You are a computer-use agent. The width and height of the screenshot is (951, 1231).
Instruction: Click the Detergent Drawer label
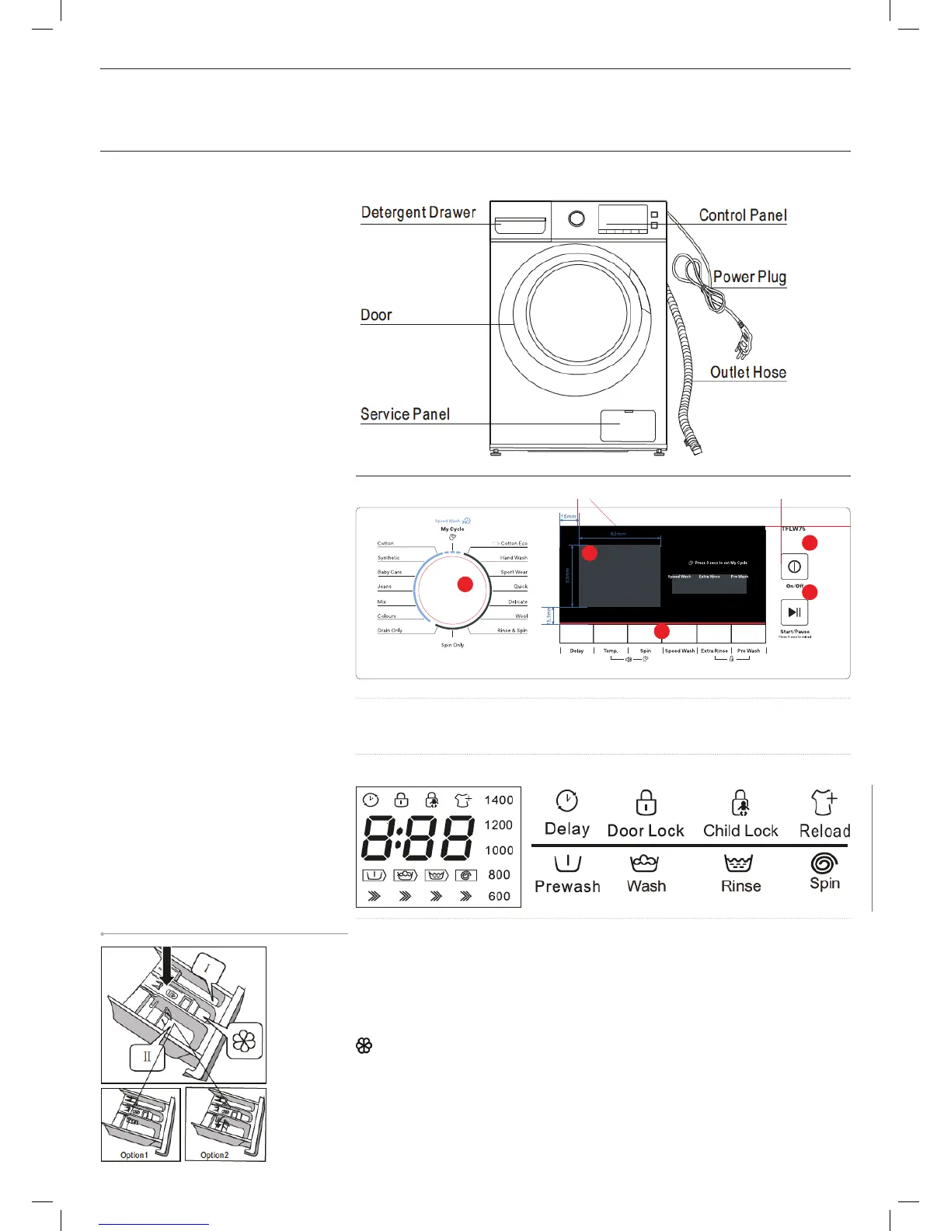(x=418, y=213)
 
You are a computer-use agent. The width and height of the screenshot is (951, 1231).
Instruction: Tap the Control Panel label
(x=742, y=215)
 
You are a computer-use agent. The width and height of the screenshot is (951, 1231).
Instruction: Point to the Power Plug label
(x=749, y=277)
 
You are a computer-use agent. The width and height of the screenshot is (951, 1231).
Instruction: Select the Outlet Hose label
(x=747, y=372)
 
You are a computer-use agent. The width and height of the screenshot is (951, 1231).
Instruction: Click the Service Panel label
(x=405, y=414)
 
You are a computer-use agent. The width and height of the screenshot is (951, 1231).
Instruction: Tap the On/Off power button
(x=794, y=567)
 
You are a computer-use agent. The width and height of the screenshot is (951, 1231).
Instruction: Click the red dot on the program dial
(x=465, y=584)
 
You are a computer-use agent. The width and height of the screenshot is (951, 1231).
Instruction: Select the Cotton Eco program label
(x=513, y=543)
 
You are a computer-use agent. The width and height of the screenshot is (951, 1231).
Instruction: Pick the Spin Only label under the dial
(x=452, y=645)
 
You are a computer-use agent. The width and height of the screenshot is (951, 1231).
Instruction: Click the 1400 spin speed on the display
(x=499, y=800)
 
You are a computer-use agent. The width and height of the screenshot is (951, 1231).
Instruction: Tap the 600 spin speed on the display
(x=499, y=896)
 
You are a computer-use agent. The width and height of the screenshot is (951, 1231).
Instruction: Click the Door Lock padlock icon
(x=646, y=802)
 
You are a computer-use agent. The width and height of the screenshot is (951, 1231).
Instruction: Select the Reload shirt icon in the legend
(x=824, y=802)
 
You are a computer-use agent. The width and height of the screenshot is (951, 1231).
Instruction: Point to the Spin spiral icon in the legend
(x=824, y=863)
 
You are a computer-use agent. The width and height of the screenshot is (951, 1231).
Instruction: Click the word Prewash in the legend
(x=567, y=887)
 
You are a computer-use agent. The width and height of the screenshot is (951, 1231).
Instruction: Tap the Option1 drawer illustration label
(x=134, y=1155)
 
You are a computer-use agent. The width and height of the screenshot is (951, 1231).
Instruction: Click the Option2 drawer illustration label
(x=214, y=1155)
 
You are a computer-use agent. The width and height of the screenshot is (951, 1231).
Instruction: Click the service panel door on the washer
(x=628, y=426)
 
